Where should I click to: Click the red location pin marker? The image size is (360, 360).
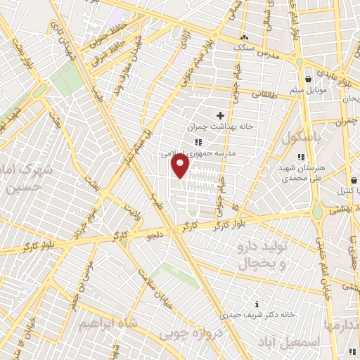181,167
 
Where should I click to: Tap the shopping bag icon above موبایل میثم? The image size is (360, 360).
308,79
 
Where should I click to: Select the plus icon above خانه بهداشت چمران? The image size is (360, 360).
220,115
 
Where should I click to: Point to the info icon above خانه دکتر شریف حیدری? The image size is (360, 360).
257,304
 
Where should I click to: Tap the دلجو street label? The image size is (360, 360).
154,234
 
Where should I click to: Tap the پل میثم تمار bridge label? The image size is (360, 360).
137,137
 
